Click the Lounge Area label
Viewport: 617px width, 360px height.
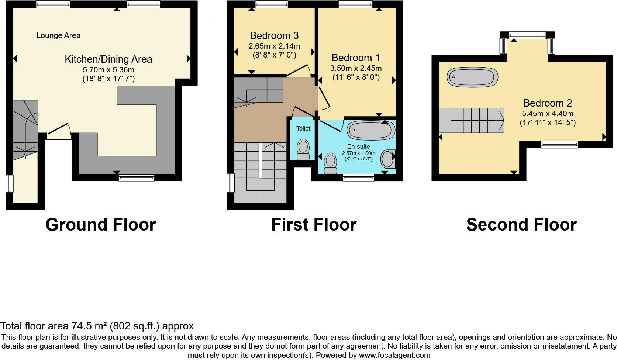click(58, 35)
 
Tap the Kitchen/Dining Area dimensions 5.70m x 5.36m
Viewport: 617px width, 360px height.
click(108, 69)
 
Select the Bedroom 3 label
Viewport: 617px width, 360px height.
click(274, 35)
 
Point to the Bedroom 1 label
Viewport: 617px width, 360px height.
click(356, 58)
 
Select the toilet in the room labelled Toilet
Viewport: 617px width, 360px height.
click(303, 149)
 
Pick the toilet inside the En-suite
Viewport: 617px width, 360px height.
click(330, 163)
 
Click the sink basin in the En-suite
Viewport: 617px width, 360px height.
click(387, 159)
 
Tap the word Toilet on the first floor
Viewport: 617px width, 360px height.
click(303, 128)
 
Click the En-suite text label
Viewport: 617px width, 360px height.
click(358, 146)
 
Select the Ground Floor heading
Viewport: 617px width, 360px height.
click(100, 224)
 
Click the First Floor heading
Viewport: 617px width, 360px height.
click(314, 224)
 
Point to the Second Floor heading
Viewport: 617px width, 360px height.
click(521, 224)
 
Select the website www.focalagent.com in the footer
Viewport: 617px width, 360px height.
click(394, 356)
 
